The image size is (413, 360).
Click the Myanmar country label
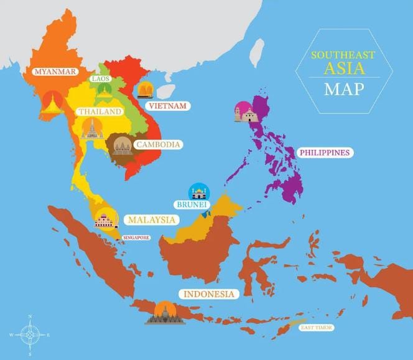point(56,72)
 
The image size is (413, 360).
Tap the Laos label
point(101,79)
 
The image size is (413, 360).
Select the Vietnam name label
point(167,106)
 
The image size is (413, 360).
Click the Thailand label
point(100,111)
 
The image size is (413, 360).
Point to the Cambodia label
point(159,144)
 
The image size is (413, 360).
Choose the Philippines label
point(324,152)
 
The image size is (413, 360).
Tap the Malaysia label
point(152,219)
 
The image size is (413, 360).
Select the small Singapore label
point(136,238)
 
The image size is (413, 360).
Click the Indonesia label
point(208,293)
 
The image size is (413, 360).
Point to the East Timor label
point(317,327)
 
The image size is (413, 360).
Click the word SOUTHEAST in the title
point(343,55)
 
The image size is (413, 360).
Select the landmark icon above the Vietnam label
point(146,91)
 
